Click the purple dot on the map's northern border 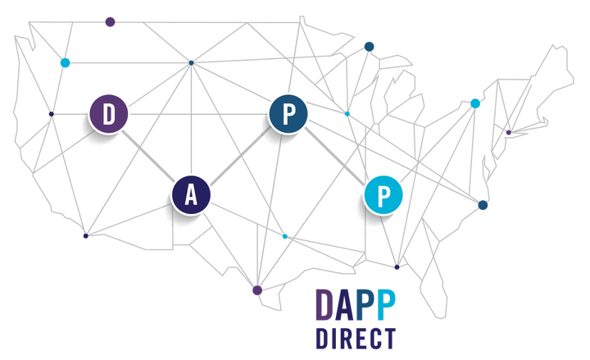click(110, 21)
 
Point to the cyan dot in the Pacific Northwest click(66, 63)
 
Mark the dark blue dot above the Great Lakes click(370, 45)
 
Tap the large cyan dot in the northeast click(475, 103)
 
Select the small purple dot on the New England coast click(508, 131)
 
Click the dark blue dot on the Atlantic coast click(483, 204)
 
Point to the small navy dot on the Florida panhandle click(397, 267)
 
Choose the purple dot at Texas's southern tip click(256, 290)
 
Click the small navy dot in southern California click(85, 237)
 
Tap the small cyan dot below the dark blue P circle click(285, 237)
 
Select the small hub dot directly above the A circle click(192, 62)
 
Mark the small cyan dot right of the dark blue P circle click(347, 113)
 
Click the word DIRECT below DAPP click(356, 339)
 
